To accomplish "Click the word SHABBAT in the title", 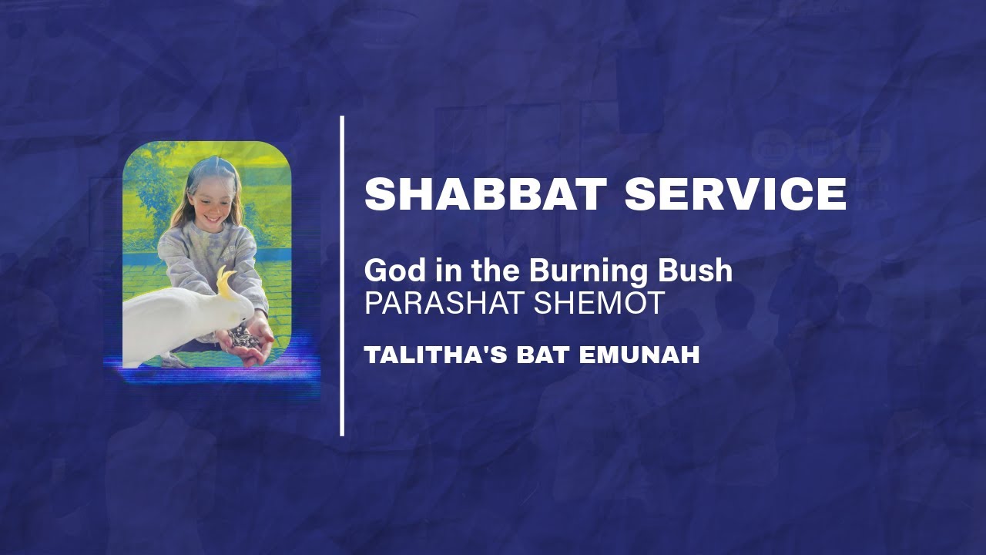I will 484,194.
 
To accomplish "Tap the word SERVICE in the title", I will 736,194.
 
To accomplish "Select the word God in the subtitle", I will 389,271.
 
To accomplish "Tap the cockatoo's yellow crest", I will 226,281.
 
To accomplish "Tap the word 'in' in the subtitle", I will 433,271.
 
